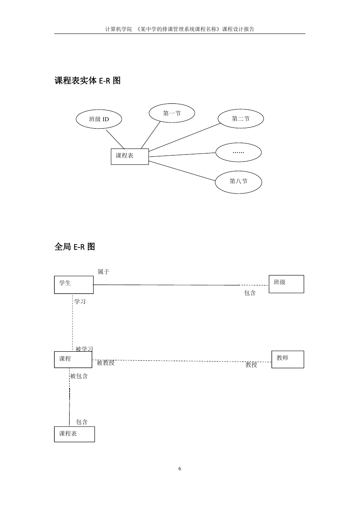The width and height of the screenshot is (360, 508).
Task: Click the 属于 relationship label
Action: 104,272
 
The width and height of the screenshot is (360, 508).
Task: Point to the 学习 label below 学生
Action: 80,302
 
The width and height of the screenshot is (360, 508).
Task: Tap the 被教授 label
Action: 106,363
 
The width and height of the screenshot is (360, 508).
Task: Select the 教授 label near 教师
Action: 251,365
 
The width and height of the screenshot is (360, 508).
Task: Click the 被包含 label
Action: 79,376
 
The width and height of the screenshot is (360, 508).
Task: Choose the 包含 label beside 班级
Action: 250,293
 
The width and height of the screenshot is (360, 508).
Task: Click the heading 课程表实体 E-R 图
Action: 87,81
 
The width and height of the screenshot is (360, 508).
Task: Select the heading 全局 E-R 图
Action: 75,247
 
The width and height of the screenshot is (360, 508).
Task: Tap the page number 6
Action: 180,469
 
